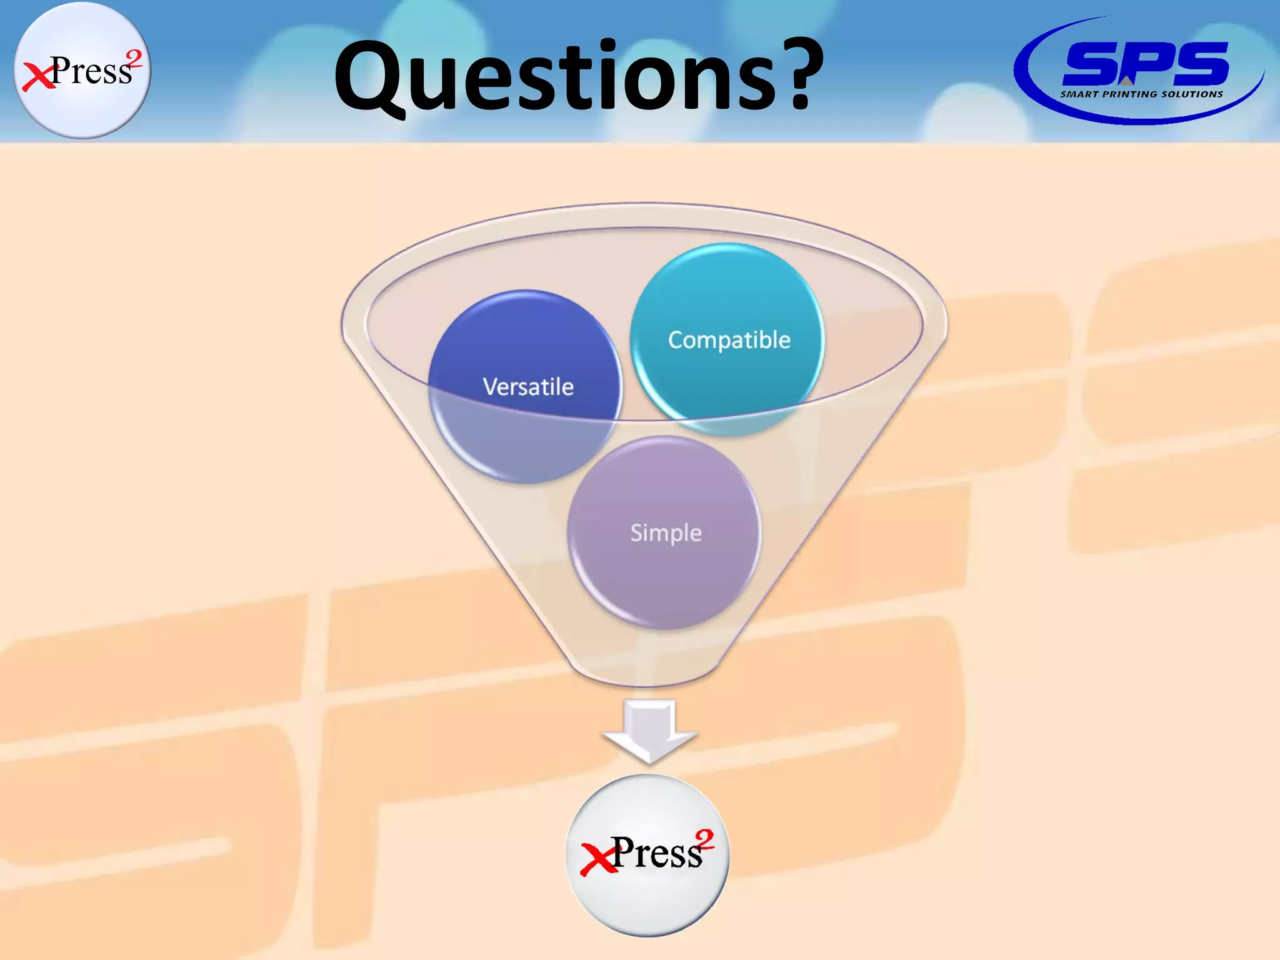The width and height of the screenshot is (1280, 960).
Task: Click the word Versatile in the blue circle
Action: (528, 387)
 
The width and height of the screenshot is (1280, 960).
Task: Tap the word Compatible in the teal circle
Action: (729, 340)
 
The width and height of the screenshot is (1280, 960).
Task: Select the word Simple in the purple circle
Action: (666, 533)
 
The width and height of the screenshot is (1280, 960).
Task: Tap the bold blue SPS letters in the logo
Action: (1145, 64)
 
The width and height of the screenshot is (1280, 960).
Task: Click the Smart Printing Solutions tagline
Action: (1141, 94)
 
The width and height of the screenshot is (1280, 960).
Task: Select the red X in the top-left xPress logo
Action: (37, 77)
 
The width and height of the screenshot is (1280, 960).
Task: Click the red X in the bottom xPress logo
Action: (597, 859)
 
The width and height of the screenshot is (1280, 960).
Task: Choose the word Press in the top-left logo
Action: (91, 71)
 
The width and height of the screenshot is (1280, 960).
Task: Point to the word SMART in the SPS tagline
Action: (1079, 94)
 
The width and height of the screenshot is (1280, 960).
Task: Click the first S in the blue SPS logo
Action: (1091, 64)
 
